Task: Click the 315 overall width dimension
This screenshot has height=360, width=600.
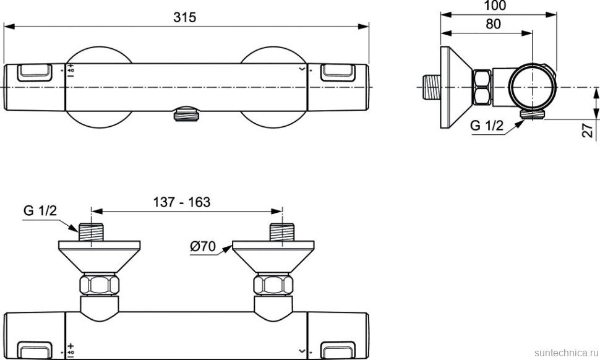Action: coord(184,17)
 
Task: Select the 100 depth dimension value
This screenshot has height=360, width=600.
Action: coord(495,6)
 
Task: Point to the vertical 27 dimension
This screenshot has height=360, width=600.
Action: coord(587,130)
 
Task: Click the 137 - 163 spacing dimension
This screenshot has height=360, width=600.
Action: coord(181,202)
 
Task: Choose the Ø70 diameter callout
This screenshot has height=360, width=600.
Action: coord(202,247)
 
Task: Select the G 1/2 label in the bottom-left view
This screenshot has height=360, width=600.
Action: coord(40,210)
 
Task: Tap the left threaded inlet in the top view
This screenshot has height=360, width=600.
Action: coord(91,231)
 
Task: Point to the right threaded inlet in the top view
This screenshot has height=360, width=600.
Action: coord(281,231)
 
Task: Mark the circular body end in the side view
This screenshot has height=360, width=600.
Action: coord(531,87)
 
